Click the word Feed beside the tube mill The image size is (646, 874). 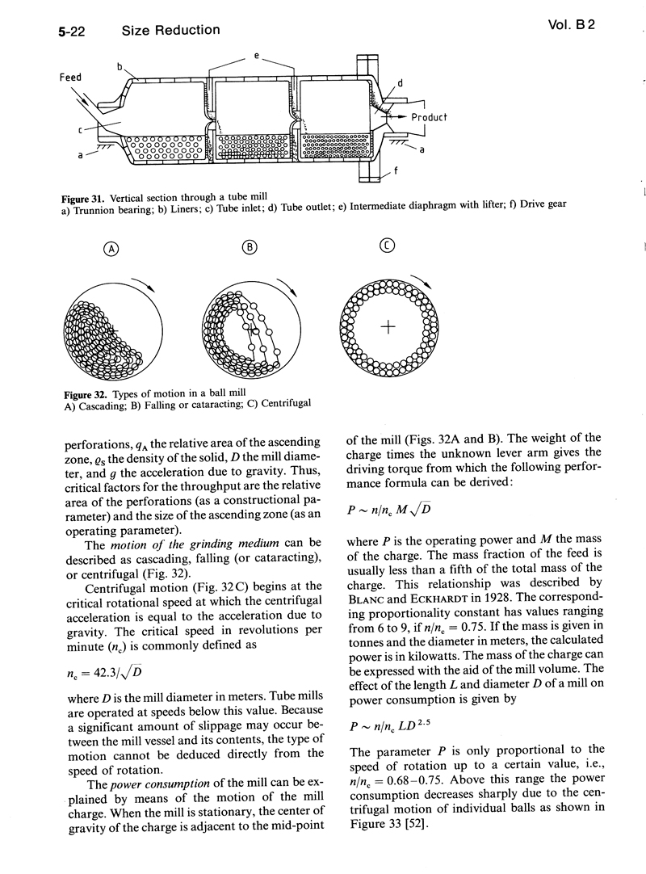tap(71, 78)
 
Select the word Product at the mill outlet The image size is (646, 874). tap(429, 117)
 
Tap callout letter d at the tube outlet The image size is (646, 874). tap(401, 83)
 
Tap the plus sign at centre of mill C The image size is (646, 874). tap(388, 326)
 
